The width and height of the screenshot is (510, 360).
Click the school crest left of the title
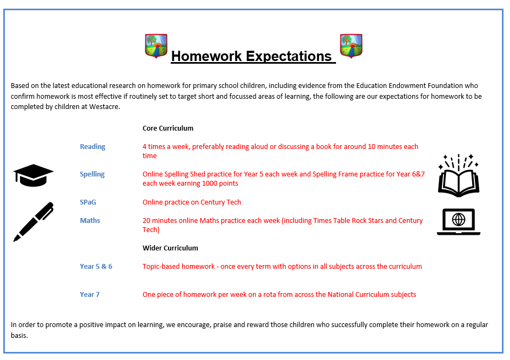156,46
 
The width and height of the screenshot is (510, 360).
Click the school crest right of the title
351,46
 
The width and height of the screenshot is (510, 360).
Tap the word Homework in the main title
206,56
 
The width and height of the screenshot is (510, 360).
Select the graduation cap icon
33,175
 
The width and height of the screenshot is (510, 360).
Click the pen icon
33,222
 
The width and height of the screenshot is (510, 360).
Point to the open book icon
459,176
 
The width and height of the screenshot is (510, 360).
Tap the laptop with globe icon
459,222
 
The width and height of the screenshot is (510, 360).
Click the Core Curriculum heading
168,128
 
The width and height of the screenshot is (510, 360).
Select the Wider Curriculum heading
170,248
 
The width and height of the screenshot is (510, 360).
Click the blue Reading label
93,147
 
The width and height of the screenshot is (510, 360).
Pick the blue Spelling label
92,174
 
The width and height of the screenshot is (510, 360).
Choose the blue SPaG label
88,202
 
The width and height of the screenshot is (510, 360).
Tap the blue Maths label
90,221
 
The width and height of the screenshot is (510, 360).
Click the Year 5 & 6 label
96,267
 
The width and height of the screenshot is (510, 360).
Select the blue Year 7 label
90,294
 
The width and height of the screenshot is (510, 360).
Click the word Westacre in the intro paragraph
104,107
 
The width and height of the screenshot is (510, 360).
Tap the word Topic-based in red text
161,267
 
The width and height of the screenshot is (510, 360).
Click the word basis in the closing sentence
19,336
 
